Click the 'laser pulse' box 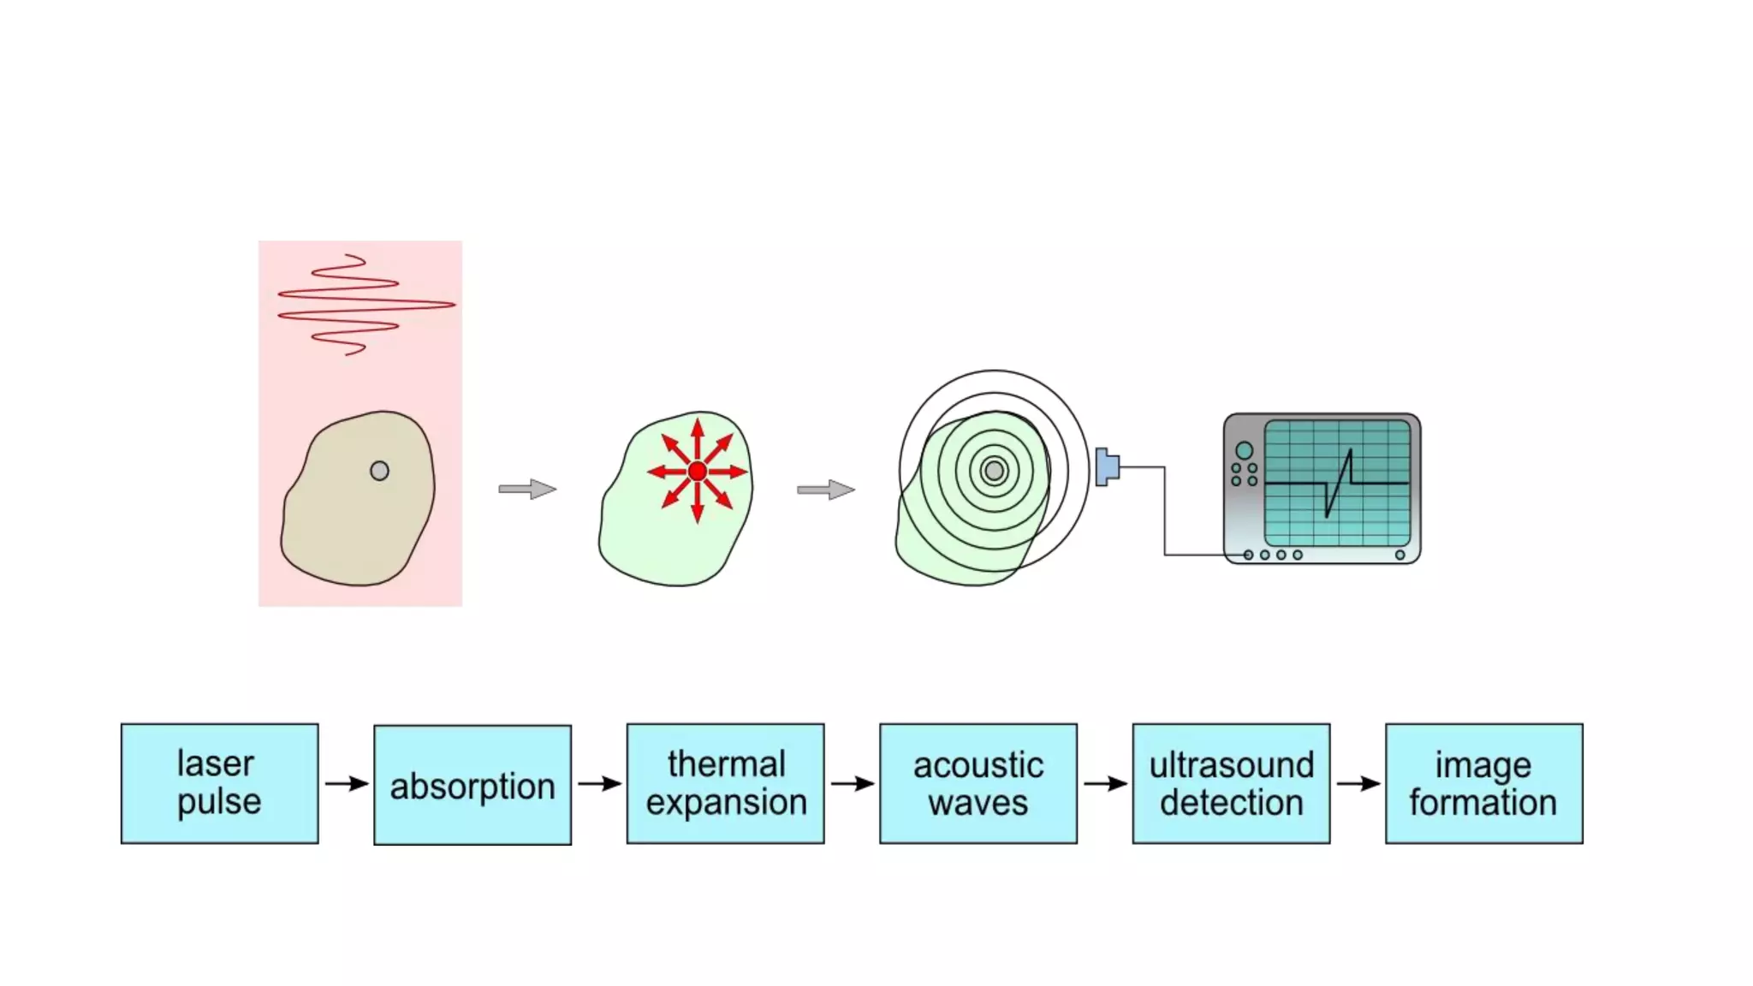[x=219, y=783]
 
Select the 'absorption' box [x=472, y=785]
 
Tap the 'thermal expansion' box [x=725, y=783]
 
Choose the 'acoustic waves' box [x=978, y=783]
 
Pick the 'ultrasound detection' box [x=1231, y=783]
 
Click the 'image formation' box [x=1483, y=783]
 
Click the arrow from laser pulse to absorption [x=347, y=783]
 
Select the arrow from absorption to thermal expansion [x=599, y=783]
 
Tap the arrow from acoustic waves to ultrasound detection [x=1105, y=783]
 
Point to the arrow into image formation [x=1358, y=783]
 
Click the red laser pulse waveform [x=366, y=304]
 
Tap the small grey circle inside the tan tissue [x=379, y=471]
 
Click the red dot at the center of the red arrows [x=698, y=471]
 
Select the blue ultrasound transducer [x=1106, y=467]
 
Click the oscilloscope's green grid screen [x=1336, y=482]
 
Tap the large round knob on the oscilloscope [x=1244, y=450]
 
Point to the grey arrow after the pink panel [x=527, y=490]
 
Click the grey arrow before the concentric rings [x=826, y=490]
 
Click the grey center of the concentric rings [x=994, y=471]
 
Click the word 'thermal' [x=726, y=763]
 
